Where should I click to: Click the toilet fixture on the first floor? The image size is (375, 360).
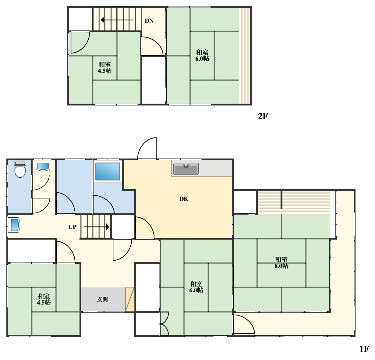click(20, 169)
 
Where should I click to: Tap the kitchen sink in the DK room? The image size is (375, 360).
click(186, 169)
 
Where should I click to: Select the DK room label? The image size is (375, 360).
click(184, 199)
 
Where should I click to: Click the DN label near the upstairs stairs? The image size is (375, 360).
click(149, 21)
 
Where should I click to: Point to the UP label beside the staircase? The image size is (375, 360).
click(73, 227)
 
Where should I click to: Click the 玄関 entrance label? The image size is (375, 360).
click(102, 299)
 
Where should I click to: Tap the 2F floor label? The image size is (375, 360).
click(263, 116)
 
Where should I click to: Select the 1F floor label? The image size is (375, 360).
click(364, 349)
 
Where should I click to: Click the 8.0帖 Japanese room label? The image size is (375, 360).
click(281, 263)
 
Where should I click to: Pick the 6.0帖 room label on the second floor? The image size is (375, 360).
click(202, 55)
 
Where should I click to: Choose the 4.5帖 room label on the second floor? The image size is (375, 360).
click(104, 67)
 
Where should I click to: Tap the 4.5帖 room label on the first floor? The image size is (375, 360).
click(44, 299)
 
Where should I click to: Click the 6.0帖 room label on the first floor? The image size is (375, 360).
click(196, 287)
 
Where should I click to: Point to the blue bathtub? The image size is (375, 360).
click(108, 171)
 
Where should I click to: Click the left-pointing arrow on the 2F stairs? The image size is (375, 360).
click(117, 20)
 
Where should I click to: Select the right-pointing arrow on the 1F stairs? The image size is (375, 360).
click(96, 227)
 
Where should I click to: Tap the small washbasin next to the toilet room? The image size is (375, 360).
click(43, 166)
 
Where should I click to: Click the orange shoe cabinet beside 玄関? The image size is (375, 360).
click(130, 299)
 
